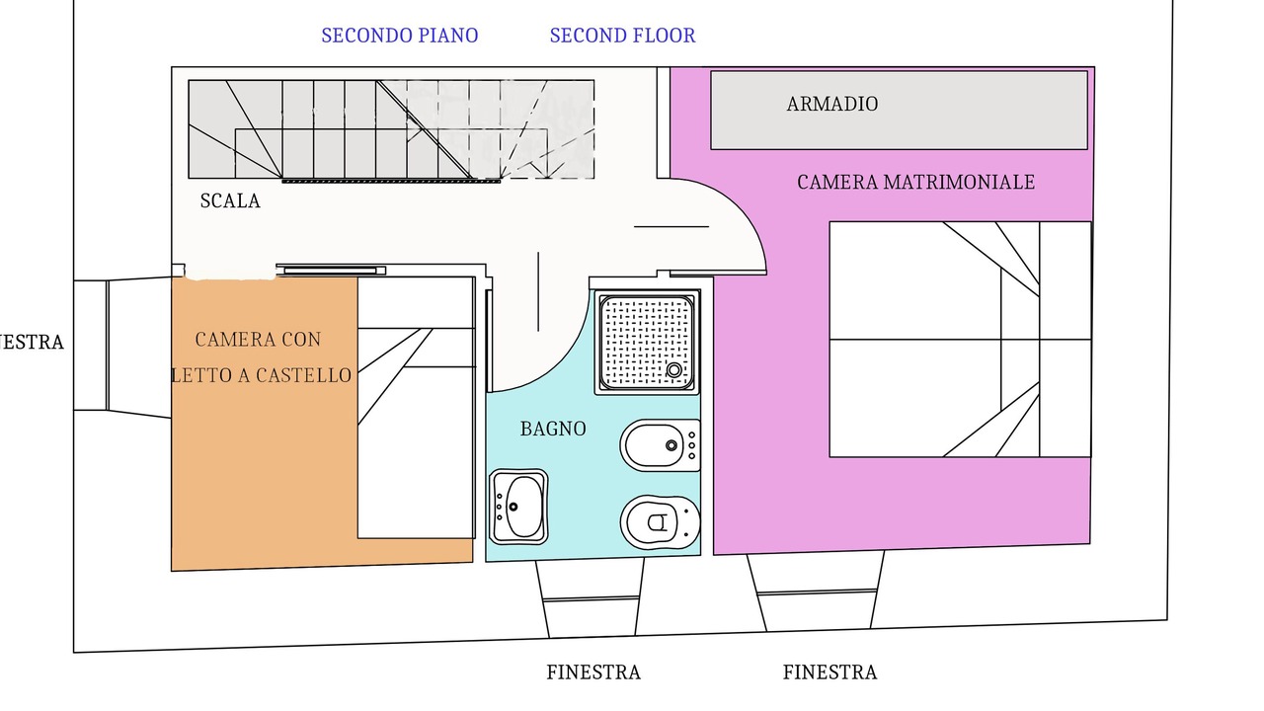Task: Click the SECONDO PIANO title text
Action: [400, 36]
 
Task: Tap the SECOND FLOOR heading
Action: [622, 36]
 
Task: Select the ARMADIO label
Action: [832, 104]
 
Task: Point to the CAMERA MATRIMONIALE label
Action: [915, 183]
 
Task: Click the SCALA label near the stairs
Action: [230, 200]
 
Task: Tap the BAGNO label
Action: [553, 429]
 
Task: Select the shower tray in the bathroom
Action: [647, 343]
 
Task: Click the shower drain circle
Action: [673, 370]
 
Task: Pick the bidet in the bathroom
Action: [661, 445]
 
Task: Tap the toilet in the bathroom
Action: [661, 522]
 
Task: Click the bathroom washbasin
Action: [518, 507]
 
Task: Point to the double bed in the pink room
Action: [961, 339]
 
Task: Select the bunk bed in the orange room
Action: [417, 408]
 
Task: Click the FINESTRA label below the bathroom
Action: [593, 672]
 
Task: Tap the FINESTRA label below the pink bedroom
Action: [830, 672]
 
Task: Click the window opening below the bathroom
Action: [591, 598]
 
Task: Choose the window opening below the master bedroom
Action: [816, 591]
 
